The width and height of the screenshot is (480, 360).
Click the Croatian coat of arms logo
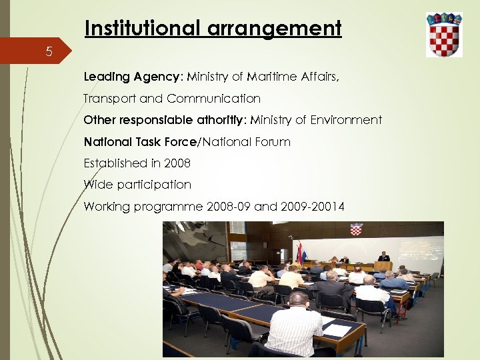(444, 34)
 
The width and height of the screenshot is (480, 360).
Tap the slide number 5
(49, 51)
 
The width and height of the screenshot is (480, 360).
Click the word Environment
(341, 120)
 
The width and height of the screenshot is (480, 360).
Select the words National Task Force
(141, 142)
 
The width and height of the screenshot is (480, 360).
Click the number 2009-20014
(313, 207)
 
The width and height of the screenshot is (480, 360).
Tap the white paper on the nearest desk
(337, 330)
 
